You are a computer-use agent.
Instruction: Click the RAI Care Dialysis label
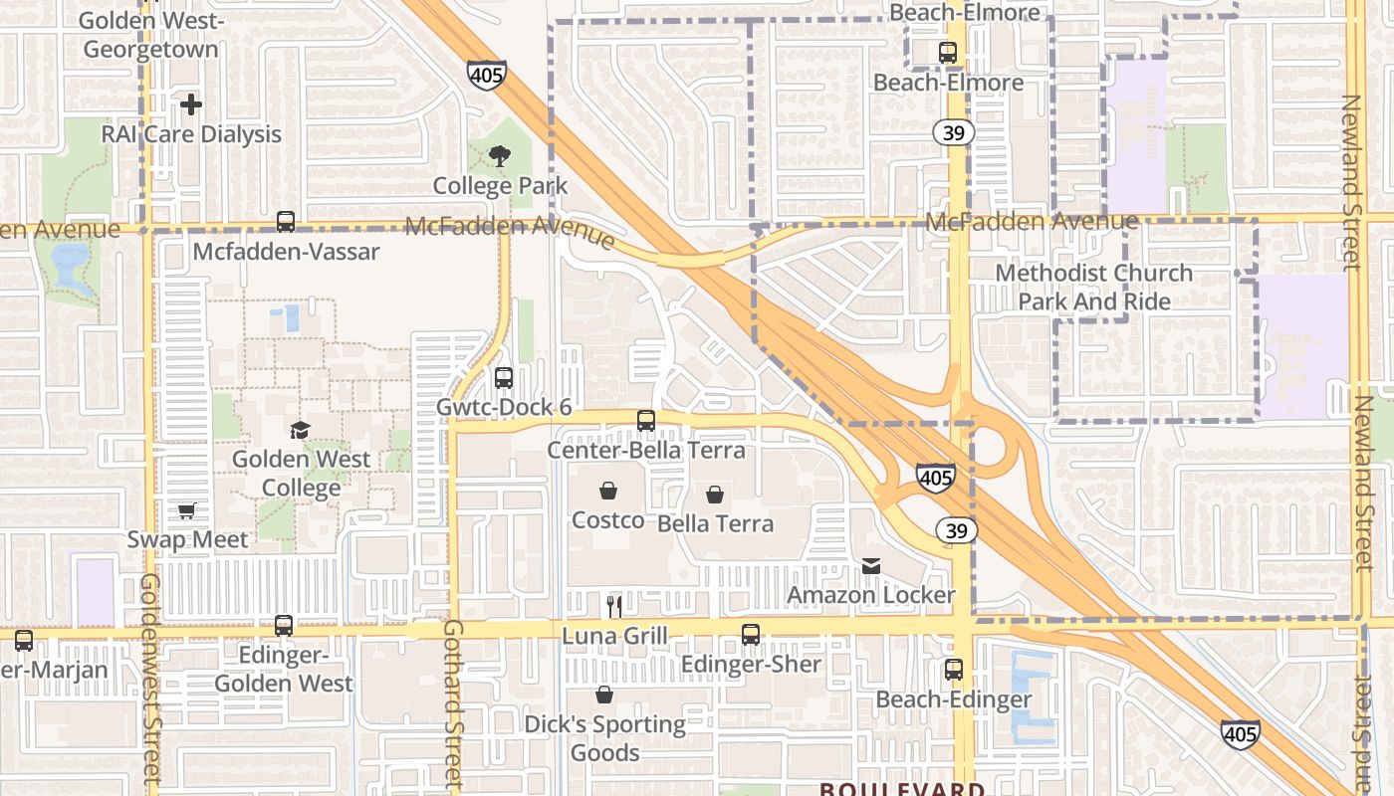point(191,134)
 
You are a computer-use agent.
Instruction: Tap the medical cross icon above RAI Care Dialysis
point(191,103)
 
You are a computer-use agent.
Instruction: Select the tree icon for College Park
point(500,155)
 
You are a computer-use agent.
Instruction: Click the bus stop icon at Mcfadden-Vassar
point(286,222)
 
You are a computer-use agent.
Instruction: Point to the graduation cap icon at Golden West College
point(300,430)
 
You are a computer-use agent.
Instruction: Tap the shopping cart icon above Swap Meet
point(186,511)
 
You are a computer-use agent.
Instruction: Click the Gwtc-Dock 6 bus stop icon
point(504,378)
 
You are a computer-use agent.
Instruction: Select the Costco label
point(607,520)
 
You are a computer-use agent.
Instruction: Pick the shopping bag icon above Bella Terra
point(715,495)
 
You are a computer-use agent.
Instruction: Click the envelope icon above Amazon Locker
point(871,566)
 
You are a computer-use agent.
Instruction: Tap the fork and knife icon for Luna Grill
point(614,605)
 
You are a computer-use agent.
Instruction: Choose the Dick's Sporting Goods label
point(605,738)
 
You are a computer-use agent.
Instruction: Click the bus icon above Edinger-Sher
point(751,634)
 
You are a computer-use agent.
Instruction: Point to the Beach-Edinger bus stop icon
point(954,670)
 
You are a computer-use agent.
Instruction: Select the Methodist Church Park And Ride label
point(1093,287)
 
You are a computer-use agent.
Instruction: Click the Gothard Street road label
point(453,701)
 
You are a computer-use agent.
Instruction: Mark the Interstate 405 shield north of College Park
point(486,75)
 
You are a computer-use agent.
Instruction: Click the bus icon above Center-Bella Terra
point(646,421)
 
